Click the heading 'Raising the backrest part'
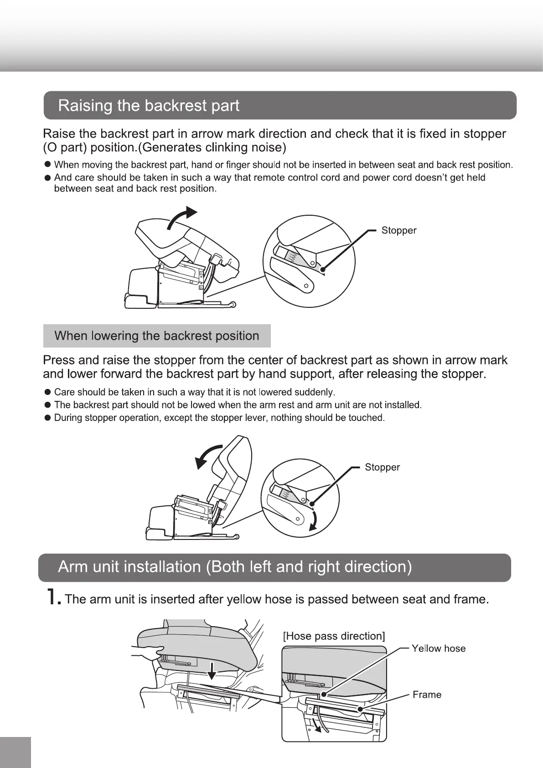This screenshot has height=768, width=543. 149,106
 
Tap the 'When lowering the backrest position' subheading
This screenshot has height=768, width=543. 156,336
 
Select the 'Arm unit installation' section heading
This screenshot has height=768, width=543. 235,567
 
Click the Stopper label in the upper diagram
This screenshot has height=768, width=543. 399,230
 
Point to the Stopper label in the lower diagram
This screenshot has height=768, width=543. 382,467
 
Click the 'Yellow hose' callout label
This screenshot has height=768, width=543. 439,649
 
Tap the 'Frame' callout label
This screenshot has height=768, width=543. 427,695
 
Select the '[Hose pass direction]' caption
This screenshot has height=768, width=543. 334,636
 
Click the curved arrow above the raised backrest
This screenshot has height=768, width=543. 182,218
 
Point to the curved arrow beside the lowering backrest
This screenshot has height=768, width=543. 207,457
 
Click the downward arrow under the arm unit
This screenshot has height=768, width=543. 212,670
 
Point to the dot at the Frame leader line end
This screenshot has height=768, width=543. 360,709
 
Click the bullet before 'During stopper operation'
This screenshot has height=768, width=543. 47,418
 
